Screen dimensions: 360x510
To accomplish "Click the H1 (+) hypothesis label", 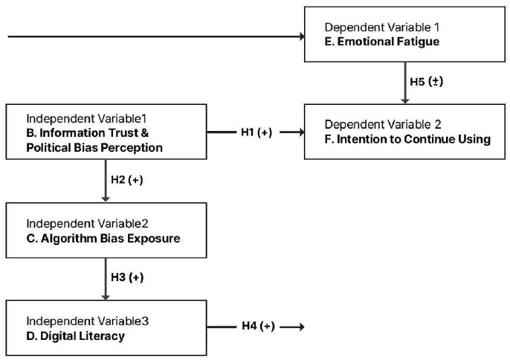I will [x=256, y=132].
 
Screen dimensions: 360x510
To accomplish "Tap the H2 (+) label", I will [x=126, y=180].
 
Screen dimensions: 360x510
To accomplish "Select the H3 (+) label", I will [x=126, y=277].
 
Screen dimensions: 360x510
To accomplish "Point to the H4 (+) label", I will [x=258, y=326].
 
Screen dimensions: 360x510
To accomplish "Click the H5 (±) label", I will [x=426, y=81].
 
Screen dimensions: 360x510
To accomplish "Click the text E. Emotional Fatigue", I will [x=382, y=42].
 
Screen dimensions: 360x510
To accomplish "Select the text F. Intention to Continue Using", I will [x=407, y=139].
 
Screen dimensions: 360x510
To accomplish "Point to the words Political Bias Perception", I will [x=94, y=147].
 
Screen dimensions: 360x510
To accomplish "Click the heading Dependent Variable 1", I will [x=378, y=28].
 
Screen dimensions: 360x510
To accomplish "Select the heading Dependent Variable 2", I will [x=379, y=125].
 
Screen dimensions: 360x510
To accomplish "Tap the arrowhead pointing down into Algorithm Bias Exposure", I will [x=105, y=198].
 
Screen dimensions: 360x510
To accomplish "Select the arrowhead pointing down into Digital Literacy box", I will [x=105, y=295].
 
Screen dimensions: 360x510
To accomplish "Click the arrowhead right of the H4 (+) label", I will [x=300, y=326].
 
